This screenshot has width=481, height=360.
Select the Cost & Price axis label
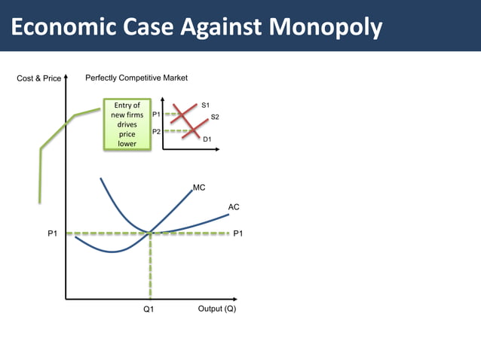tap(38, 78)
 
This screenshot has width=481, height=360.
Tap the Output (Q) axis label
tap(216, 309)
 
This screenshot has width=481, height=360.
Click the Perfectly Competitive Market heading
tap(136, 78)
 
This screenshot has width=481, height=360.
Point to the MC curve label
tap(199, 188)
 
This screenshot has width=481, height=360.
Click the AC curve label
tap(234, 206)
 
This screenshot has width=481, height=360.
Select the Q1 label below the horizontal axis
tap(149, 310)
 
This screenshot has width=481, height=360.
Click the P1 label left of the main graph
tap(52, 234)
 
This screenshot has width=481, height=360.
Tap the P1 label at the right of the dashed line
tap(238, 234)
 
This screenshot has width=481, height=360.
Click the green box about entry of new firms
tap(126, 124)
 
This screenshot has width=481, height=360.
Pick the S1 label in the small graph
tap(206, 104)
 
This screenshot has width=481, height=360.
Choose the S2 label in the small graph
tap(215, 117)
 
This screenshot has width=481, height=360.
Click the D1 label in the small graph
tap(207, 139)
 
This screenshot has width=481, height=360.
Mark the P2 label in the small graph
tap(156, 131)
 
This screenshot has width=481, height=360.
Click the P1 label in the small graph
tap(156, 114)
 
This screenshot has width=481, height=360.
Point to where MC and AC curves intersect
tap(151, 233)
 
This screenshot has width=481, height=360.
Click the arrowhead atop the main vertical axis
tap(66, 77)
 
